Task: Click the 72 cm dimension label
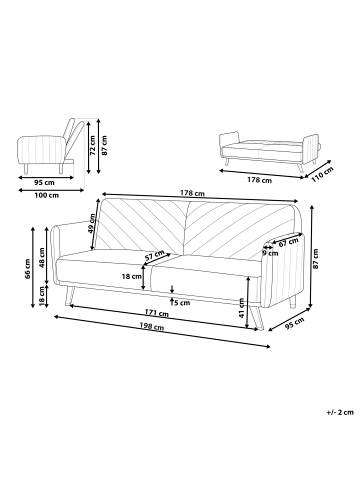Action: pyautogui.click(x=93, y=145)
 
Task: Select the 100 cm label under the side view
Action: pyautogui.click(x=46, y=195)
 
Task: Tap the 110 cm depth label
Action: pyautogui.click(x=322, y=174)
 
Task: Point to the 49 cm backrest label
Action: pyautogui.click(x=92, y=223)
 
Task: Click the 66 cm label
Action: pyautogui.click(x=28, y=269)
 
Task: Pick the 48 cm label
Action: pyautogui.click(x=42, y=258)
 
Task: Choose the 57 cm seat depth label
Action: pyautogui.click(x=155, y=255)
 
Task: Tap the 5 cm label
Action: pyautogui.click(x=182, y=303)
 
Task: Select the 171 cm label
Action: pyautogui.click(x=157, y=313)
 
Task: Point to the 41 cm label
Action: pyautogui.click(x=242, y=307)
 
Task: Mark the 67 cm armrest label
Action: pyautogui.click(x=288, y=242)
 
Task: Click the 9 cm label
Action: pyautogui.click(x=270, y=253)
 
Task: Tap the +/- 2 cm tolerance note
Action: pyautogui.click(x=340, y=412)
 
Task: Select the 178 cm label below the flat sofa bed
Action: pyautogui.click(x=259, y=180)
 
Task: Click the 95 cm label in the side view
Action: pyautogui.click(x=44, y=183)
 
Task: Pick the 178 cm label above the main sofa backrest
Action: pyautogui.click(x=192, y=193)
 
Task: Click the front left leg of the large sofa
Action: pyautogui.click(x=69, y=296)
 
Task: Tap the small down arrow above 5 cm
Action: pyautogui.click(x=172, y=289)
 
